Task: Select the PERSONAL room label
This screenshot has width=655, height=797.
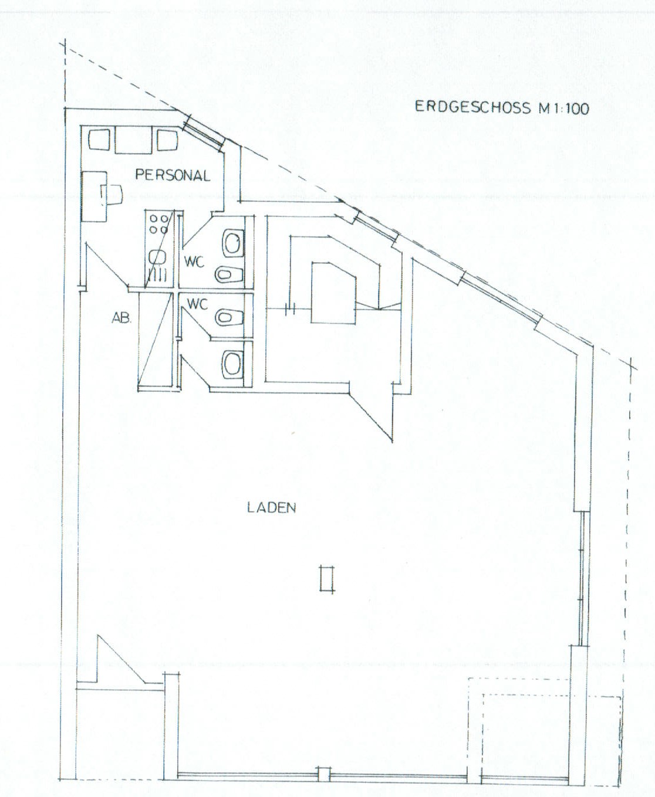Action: tap(173, 175)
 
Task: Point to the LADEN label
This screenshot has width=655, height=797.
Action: tap(272, 507)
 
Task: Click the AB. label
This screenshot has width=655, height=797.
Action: tap(121, 318)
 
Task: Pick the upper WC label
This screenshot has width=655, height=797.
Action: tap(194, 262)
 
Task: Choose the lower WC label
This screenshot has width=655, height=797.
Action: tap(197, 303)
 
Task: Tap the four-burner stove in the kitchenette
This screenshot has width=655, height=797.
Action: tap(159, 223)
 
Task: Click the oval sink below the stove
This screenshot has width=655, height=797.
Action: tap(156, 257)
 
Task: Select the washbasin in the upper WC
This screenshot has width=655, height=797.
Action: tap(232, 243)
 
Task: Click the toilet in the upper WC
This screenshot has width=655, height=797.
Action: tap(229, 274)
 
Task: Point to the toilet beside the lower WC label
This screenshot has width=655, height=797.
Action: tap(229, 317)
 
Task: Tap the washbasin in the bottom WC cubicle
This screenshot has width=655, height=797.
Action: tap(232, 364)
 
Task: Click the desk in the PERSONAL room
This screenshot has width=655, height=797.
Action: tap(94, 196)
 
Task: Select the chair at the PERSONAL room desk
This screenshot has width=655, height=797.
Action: tap(112, 196)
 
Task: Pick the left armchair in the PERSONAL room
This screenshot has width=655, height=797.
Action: tap(99, 140)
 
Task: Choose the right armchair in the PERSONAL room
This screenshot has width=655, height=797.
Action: tap(167, 140)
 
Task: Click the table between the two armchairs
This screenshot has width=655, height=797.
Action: tap(133, 140)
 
